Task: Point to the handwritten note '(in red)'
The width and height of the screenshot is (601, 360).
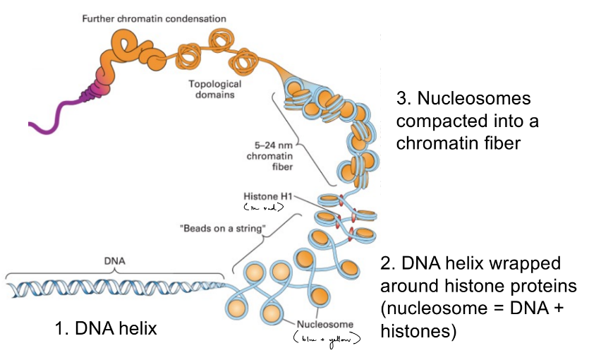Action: [x=262, y=207]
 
